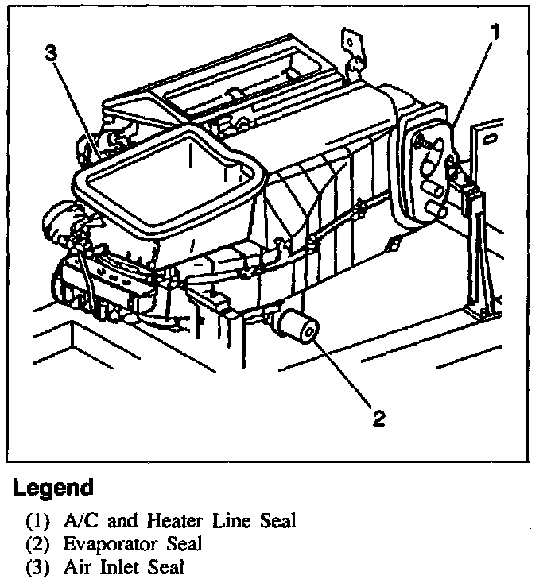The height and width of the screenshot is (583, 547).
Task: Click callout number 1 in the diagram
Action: pyautogui.click(x=495, y=33)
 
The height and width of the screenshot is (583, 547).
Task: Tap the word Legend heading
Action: pyautogui.click(x=52, y=486)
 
